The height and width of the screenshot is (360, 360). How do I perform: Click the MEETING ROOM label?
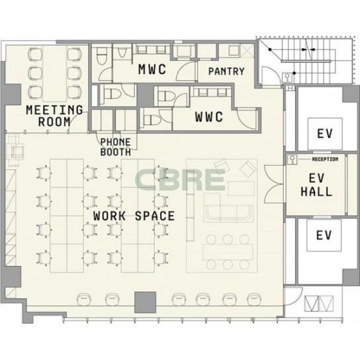click(54, 116)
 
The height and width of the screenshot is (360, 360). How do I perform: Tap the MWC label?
click(152, 69)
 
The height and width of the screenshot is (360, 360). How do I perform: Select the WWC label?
click(209, 116)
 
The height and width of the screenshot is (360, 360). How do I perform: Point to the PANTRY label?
click(226, 71)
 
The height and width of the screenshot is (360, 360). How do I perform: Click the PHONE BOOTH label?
click(116, 147)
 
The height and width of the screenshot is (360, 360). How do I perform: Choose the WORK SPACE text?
click(134, 216)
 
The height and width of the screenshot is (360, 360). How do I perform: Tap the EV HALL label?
click(316, 185)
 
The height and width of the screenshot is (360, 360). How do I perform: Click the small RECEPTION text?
click(325, 159)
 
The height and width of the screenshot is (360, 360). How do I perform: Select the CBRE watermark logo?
click(180, 181)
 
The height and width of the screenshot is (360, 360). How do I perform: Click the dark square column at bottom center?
click(146, 302)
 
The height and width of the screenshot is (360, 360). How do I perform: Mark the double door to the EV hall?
click(275, 184)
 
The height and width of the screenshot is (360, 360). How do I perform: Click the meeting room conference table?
click(55, 73)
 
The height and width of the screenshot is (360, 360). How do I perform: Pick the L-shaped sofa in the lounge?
click(228, 208)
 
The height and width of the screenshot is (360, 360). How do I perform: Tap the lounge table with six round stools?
click(228, 252)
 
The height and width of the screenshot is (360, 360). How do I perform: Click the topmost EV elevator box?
click(325, 134)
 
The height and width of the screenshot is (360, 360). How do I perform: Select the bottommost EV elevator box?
click(324, 235)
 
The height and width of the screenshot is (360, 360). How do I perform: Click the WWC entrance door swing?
click(247, 119)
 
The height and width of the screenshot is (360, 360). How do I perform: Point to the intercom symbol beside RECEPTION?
click(292, 159)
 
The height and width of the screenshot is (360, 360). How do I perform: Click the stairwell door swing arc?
click(271, 76)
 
